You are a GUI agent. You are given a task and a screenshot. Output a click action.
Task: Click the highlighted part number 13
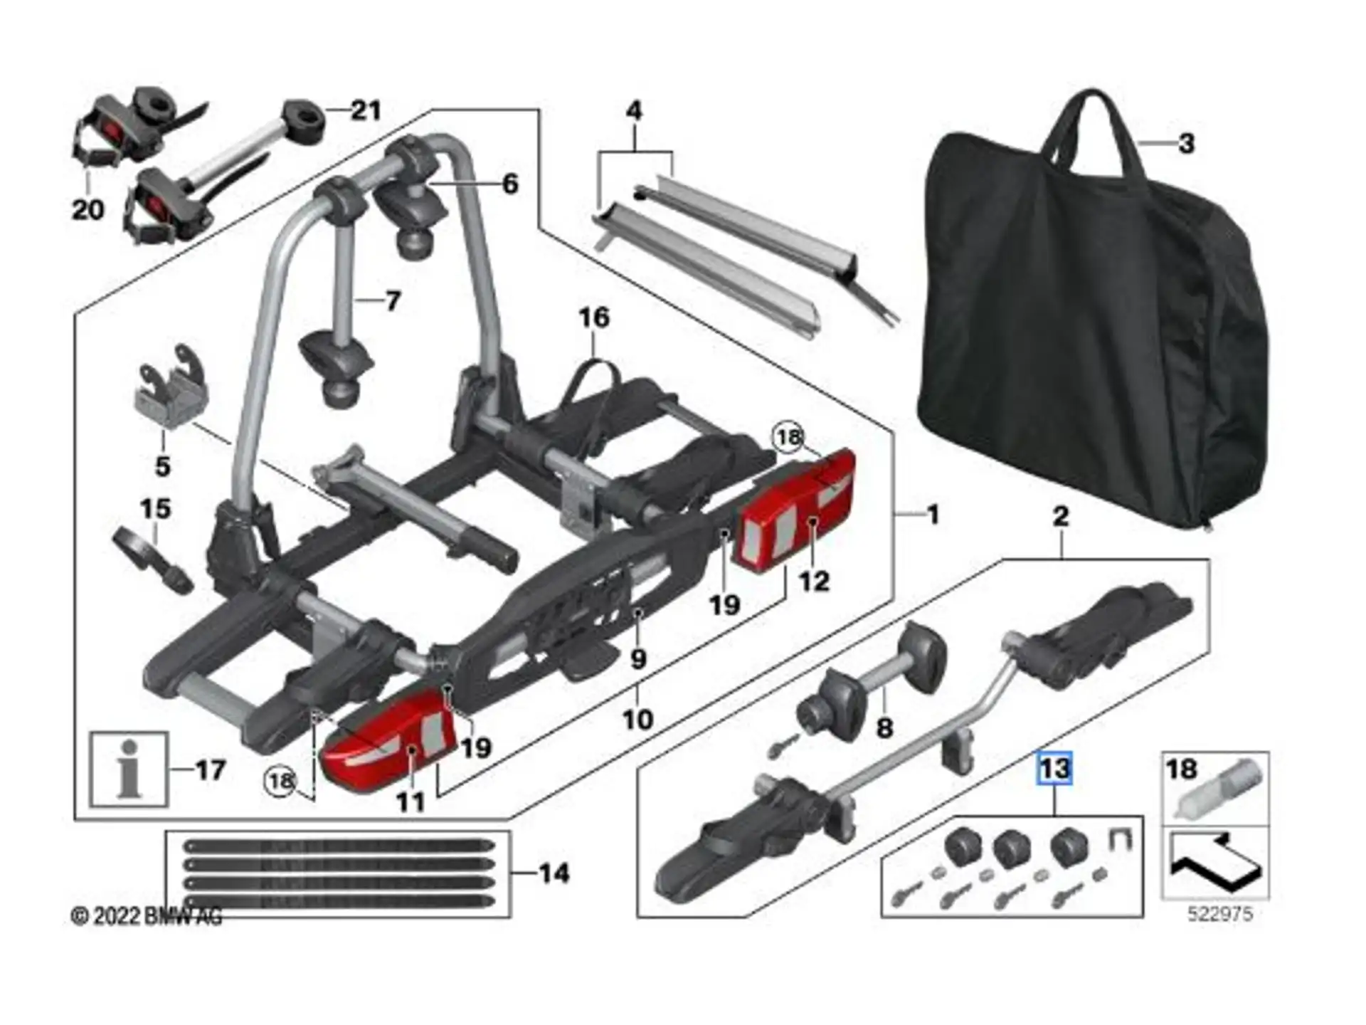point(1054,769)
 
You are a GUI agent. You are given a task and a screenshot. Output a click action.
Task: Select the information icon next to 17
point(129,769)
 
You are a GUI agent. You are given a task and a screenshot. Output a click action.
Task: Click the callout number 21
point(366,110)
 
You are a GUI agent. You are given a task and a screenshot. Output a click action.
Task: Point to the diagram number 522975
point(1220,913)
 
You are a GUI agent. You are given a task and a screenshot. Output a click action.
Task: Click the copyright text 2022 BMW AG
point(147,915)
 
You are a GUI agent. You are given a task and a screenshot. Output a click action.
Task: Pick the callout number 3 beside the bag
point(1185,144)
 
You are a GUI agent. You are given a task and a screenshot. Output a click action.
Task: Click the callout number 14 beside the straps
point(554,873)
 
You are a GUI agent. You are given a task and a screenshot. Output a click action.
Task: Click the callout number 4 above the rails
point(634,110)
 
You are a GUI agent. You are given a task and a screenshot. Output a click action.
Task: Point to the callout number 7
point(393,301)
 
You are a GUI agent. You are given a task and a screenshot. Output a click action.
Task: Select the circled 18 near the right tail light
point(788,436)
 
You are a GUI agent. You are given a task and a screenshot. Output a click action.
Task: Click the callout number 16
point(594,317)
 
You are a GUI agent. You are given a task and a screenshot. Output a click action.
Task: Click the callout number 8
point(884,728)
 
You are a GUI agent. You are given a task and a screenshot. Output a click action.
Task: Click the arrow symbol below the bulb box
point(1215,863)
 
